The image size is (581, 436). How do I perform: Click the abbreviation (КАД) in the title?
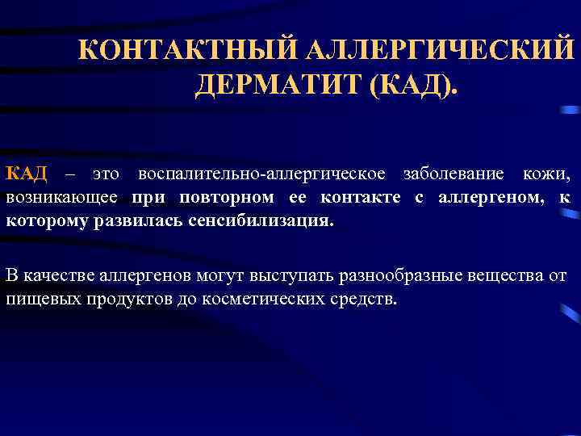412,84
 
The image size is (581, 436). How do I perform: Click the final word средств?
369,300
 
